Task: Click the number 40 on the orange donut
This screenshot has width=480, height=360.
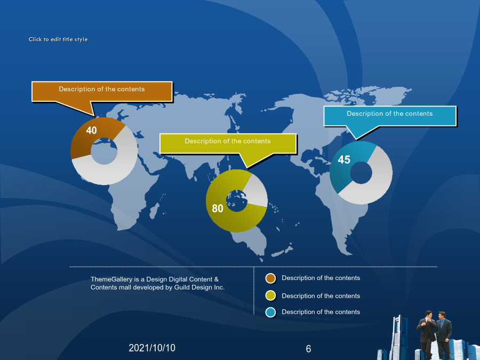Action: click(x=91, y=131)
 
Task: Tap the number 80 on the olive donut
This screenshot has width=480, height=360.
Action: click(x=218, y=209)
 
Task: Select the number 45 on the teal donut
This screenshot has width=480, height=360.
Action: click(x=344, y=160)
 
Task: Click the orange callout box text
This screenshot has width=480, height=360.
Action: click(x=102, y=89)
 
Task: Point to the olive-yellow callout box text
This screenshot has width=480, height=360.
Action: click(x=228, y=141)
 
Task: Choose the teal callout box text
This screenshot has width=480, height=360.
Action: click(x=390, y=114)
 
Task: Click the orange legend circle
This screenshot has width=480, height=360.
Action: click(x=270, y=278)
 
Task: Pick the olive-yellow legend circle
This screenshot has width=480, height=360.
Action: click(x=270, y=295)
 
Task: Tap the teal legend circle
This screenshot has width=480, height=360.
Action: click(x=270, y=312)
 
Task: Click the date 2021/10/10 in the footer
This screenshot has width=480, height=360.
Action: click(x=152, y=348)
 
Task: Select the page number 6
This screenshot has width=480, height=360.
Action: click(x=308, y=349)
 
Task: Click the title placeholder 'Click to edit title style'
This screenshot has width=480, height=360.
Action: click(x=58, y=39)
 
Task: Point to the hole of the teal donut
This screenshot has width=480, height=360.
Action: click(x=361, y=173)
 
